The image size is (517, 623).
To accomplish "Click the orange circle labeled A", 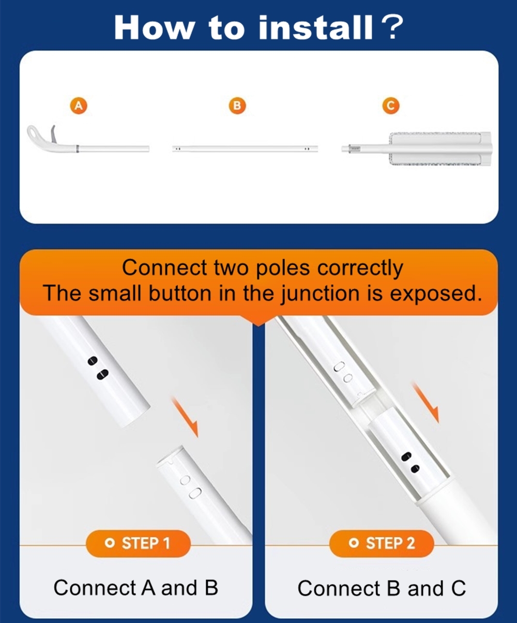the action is pos(79,105).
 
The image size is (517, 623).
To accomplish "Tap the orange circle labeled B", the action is pos(237,105).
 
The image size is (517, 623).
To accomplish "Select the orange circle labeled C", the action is pos(391,105).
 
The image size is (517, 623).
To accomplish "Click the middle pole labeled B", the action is pos(245,148).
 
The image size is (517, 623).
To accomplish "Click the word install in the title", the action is pos(316,27).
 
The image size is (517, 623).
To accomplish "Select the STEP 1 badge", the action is pos(138,543).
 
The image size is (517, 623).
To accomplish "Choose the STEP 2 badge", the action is pos(382,543).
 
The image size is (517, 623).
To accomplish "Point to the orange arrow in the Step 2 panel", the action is pos(426,403).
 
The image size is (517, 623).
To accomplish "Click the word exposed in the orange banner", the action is pos(435,294).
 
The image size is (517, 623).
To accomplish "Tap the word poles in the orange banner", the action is pos(283,268).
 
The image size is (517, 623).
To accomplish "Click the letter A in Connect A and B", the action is pos(148,587).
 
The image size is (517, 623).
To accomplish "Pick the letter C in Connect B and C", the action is pos(459,588).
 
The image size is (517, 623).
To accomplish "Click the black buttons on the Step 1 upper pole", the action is pos(98,368).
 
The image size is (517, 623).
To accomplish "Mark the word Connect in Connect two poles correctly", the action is pos(164,267).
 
